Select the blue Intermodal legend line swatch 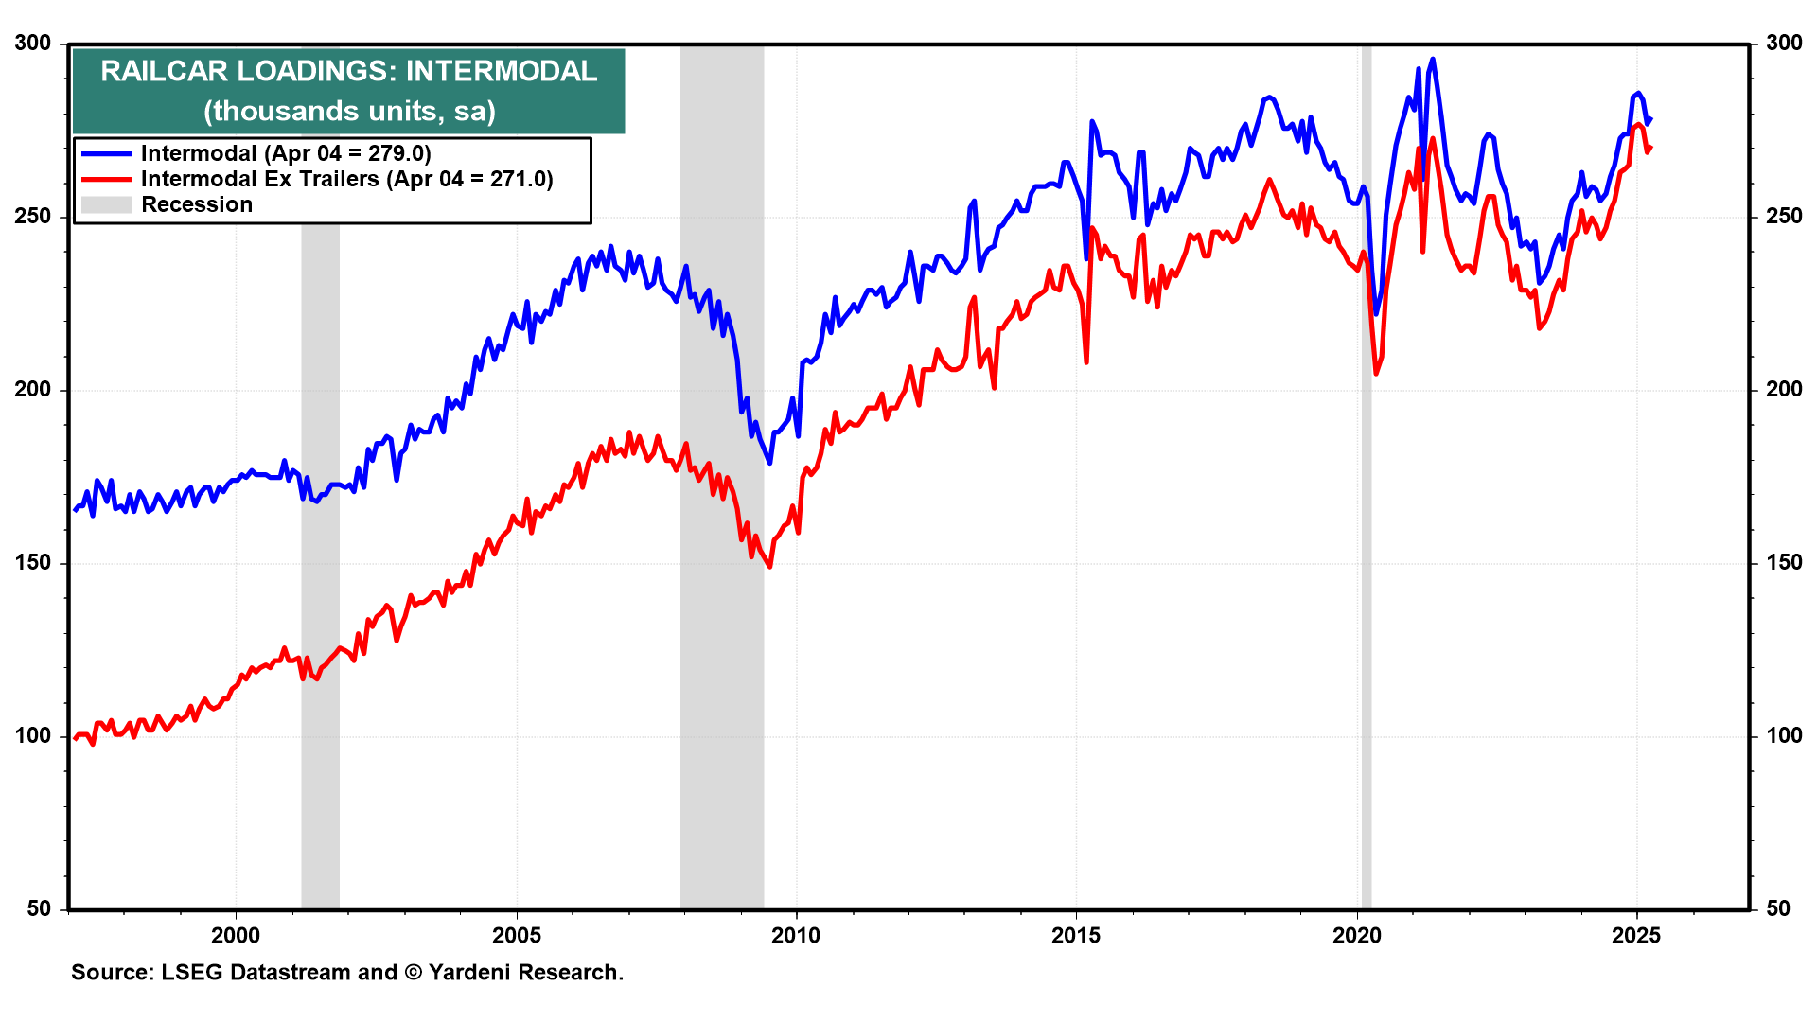click(106, 153)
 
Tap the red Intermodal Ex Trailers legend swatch click(106, 179)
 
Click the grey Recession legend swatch click(106, 204)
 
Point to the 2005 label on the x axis click(516, 936)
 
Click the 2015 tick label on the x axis click(1076, 936)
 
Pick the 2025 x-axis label click(1636, 936)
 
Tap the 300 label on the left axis click(33, 44)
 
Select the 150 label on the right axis click(1784, 563)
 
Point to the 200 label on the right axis click(1784, 390)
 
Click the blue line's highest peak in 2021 click(1433, 59)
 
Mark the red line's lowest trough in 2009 click(769, 566)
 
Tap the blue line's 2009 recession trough click(769, 462)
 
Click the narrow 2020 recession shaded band click(1366, 473)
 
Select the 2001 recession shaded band click(320, 568)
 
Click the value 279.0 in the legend click(398, 153)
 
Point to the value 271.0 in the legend click(520, 179)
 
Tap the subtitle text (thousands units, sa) click(349, 112)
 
